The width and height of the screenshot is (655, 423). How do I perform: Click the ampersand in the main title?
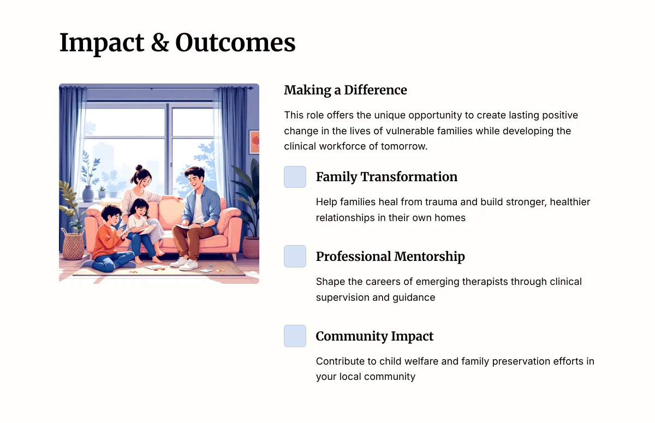click(x=160, y=43)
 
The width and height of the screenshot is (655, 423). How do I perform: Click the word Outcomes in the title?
click(x=235, y=43)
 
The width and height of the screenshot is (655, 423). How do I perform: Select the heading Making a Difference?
click(x=346, y=90)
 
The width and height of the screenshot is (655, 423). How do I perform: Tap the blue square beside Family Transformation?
click(x=295, y=177)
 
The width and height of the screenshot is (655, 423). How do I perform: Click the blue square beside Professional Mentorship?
click(x=295, y=256)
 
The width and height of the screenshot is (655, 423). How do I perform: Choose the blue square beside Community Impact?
click(x=295, y=336)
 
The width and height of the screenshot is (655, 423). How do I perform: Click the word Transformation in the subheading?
click(x=409, y=177)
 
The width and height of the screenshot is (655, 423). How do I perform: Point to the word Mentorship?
click(x=429, y=257)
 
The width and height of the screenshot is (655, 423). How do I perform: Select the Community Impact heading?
click(x=374, y=336)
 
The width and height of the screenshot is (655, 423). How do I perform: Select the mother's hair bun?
click(x=139, y=168)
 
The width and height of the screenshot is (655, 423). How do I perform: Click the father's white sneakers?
click(x=185, y=263)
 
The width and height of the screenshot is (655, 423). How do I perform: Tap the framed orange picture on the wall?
click(x=254, y=142)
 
